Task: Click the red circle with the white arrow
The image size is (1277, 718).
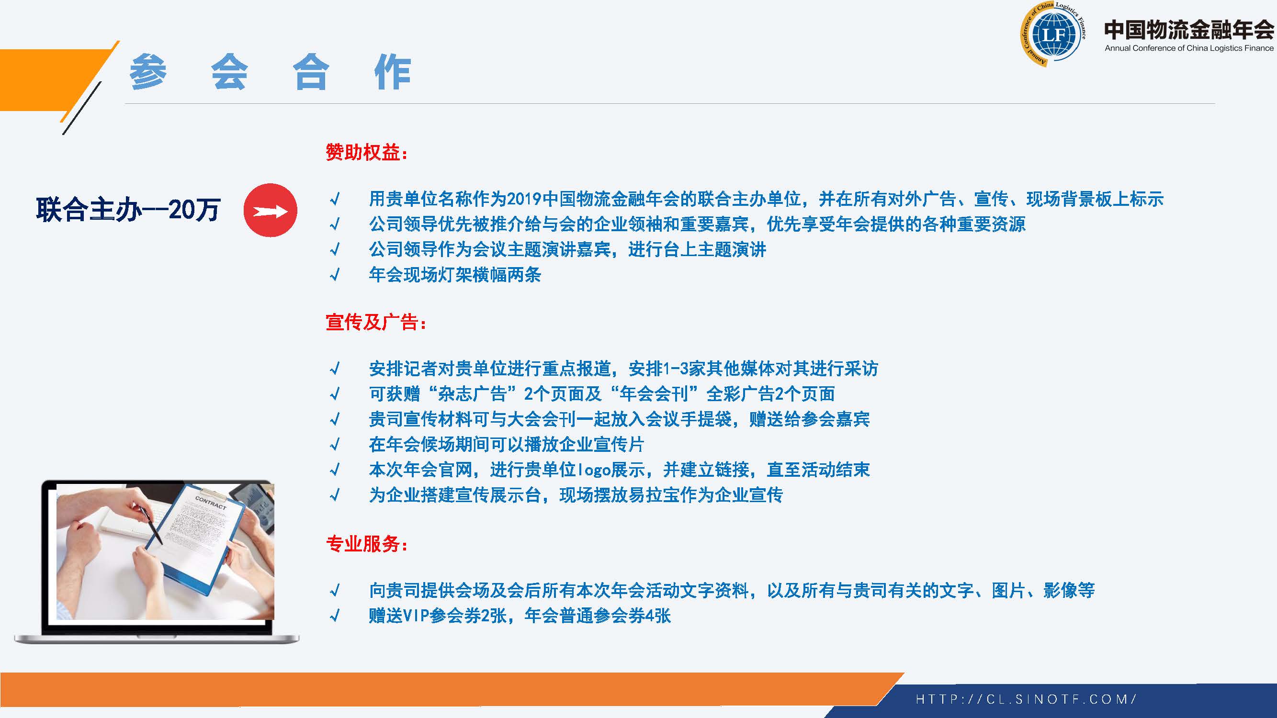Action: pyautogui.click(x=270, y=210)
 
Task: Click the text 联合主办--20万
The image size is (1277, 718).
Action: pyautogui.click(x=128, y=210)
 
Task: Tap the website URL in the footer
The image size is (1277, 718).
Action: pyautogui.click(x=1026, y=699)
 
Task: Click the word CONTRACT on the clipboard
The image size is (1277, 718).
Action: pyautogui.click(x=211, y=503)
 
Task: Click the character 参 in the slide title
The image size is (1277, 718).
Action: pyautogui.click(x=148, y=72)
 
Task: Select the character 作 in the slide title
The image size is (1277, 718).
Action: pyautogui.click(x=393, y=72)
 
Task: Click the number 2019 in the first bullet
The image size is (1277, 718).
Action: pyautogui.click(x=524, y=199)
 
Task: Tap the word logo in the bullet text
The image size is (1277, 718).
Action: pyautogui.click(x=594, y=470)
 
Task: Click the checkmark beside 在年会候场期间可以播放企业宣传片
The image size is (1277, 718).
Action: pyautogui.click(x=335, y=445)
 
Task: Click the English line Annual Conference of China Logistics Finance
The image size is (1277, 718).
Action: pyautogui.click(x=1189, y=48)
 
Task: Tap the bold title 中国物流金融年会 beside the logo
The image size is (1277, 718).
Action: pyautogui.click(x=1189, y=29)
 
